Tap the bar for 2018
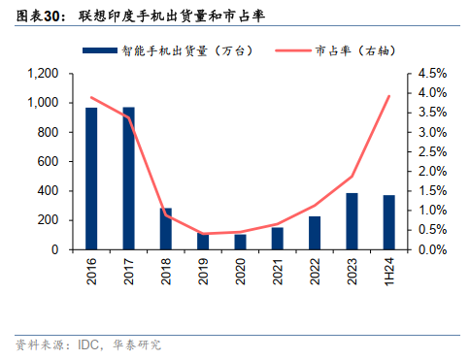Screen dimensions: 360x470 point(166,229)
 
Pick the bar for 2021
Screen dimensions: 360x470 point(278,239)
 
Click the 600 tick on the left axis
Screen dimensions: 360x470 point(50,162)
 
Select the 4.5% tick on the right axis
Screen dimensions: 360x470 point(433,74)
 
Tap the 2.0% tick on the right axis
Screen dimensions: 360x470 point(433,172)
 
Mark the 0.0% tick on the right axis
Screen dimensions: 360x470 point(433,249)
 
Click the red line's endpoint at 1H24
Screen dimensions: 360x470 point(389,96)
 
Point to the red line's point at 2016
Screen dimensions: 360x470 point(91,97)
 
